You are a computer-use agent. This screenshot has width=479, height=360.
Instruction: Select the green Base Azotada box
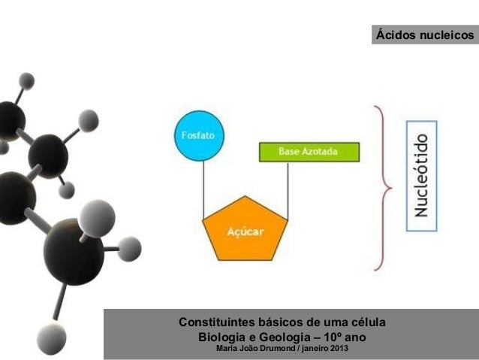pos(309,152)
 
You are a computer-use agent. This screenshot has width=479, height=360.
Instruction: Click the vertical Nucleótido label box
pos(422,175)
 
